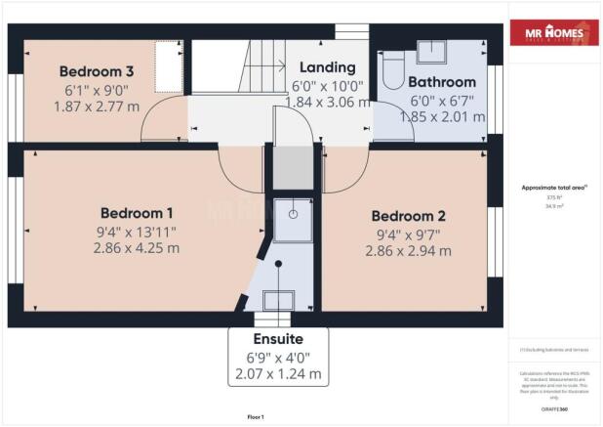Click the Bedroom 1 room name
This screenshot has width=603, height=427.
coord(137,213)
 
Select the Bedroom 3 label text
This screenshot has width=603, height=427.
coord(96,71)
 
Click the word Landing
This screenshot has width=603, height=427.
coord(327,68)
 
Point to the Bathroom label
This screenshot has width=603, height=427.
coord(441,82)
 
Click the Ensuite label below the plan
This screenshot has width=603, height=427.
coord(278,339)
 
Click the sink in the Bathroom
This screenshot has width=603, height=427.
coord(430,52)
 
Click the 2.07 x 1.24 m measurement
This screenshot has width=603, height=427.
coord(278,374)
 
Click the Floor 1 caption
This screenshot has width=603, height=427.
coord(255,416)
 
